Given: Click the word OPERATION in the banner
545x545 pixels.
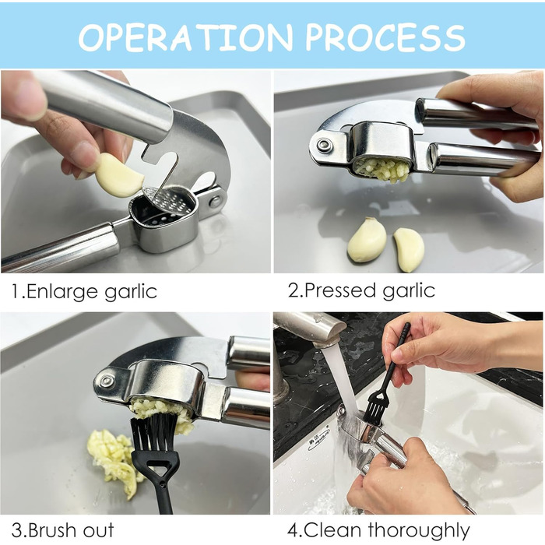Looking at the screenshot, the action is (x=186, y=37).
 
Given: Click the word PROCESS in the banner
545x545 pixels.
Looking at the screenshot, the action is (x=385, y=37).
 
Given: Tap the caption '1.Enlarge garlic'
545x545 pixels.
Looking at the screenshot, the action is (x=84, y=292).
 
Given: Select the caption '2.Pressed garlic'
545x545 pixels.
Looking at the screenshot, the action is (x=361, y=290).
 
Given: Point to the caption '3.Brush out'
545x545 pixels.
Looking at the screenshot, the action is (x=62, y=530).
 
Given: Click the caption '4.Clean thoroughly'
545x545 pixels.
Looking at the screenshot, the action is (x=378, y=531).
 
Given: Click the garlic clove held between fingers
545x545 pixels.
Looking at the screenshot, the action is (x=118, y=175).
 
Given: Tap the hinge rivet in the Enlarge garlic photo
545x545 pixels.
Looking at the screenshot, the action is (x=216, y=201).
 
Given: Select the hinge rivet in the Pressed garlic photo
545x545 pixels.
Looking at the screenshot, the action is (x=325, y=146).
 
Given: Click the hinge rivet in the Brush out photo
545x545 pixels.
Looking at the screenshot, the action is (x=107, y=381).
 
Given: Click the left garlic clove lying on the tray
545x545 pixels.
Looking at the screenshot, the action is (x=367, y=240).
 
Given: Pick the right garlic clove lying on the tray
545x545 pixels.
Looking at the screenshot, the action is (x=409, y=249).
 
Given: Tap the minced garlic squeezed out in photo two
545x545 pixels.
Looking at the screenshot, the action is (x=381, y=170).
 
